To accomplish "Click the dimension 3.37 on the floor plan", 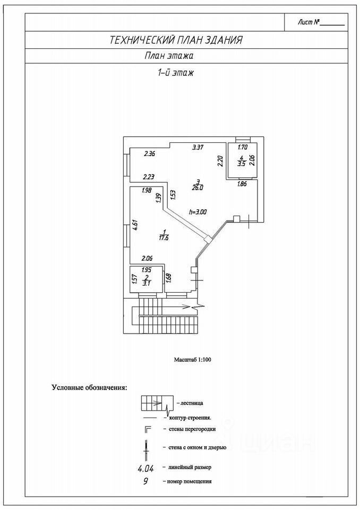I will point(198,147).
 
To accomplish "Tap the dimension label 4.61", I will point(135,224).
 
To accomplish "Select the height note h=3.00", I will point(198,211).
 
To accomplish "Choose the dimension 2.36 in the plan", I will point(149,155).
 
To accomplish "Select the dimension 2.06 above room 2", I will point(147,258).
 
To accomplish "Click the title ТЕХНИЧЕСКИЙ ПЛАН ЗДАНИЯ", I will point(176,40).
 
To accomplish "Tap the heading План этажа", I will point(168,56).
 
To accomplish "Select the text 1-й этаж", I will point(174,73).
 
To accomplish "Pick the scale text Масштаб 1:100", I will point(193,360).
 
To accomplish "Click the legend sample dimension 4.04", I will point(148,468).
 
